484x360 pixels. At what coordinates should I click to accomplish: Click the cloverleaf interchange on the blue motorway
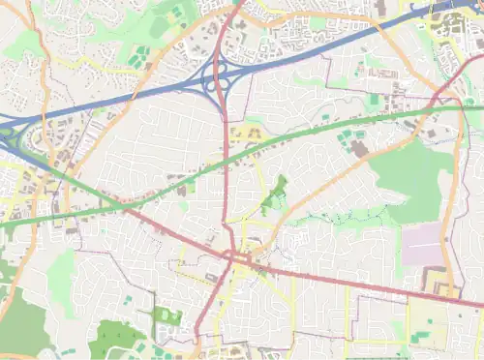tap(222, 73)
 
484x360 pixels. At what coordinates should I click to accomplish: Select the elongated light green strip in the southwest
tap(61, 281)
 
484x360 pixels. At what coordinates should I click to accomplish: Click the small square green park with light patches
tap(166, 316)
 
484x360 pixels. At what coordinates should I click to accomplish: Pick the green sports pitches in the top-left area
tap(141, 56)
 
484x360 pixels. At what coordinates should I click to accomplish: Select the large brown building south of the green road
tap(359, 149)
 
